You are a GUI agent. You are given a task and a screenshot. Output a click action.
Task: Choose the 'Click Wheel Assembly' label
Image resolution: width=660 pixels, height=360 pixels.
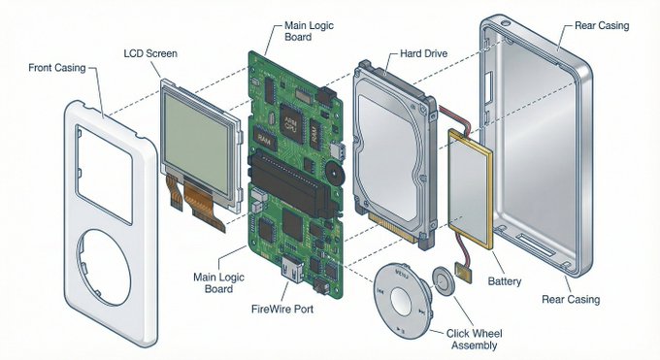tap(475, 339)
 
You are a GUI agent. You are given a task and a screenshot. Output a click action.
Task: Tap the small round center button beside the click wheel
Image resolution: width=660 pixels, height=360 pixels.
tap(445, 282)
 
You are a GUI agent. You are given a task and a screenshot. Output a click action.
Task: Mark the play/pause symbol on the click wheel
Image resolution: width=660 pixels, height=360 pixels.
tap(401, 330)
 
